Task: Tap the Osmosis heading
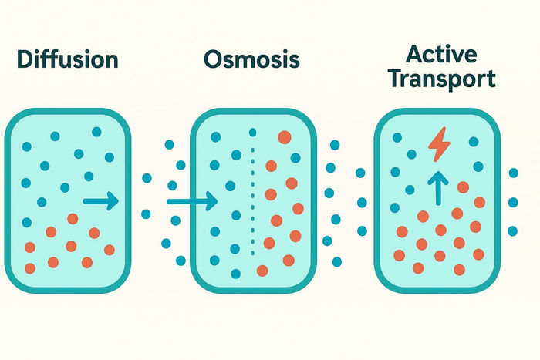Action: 251,59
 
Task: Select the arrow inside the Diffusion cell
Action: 100,202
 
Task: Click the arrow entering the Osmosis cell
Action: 192,202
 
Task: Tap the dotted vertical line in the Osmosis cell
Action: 253,200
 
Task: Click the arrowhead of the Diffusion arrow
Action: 113,202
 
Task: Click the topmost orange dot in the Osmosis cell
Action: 284,137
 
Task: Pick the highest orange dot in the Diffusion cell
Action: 73,218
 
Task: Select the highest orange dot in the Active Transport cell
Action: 463,187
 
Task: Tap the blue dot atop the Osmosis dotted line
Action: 253,132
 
